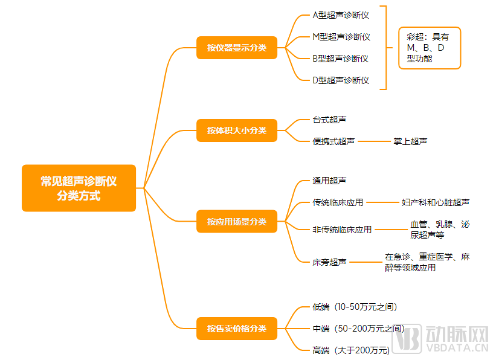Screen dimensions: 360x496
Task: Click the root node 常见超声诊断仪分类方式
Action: [79, 188]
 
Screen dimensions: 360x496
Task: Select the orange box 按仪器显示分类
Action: [237, 48]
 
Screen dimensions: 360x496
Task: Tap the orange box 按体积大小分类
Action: [237, 130]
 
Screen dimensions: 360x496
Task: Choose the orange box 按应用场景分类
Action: [237, 222]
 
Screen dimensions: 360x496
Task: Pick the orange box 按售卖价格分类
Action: [237, 329]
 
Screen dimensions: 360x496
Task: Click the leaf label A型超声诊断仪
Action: [341, 14]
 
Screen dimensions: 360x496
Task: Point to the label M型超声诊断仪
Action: [341, 37]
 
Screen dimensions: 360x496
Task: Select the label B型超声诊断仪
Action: [341, 59]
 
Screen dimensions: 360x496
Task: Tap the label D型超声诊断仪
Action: [341, 80]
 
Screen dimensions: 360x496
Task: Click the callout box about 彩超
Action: [430, 48]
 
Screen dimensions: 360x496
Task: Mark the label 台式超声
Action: [329, 120]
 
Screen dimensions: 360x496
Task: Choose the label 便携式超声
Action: [333, 141]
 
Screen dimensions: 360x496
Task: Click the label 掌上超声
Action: [410, 141]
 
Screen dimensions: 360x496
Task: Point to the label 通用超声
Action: [329, 180]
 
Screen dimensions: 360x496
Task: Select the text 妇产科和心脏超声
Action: [435, 202]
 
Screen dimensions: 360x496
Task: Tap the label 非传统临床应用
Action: [342, 230]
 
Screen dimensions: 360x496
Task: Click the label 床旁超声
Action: [329, 262]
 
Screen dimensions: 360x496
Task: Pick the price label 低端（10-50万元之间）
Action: [355, 307]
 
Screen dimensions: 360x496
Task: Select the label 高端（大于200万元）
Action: [351, 350]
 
